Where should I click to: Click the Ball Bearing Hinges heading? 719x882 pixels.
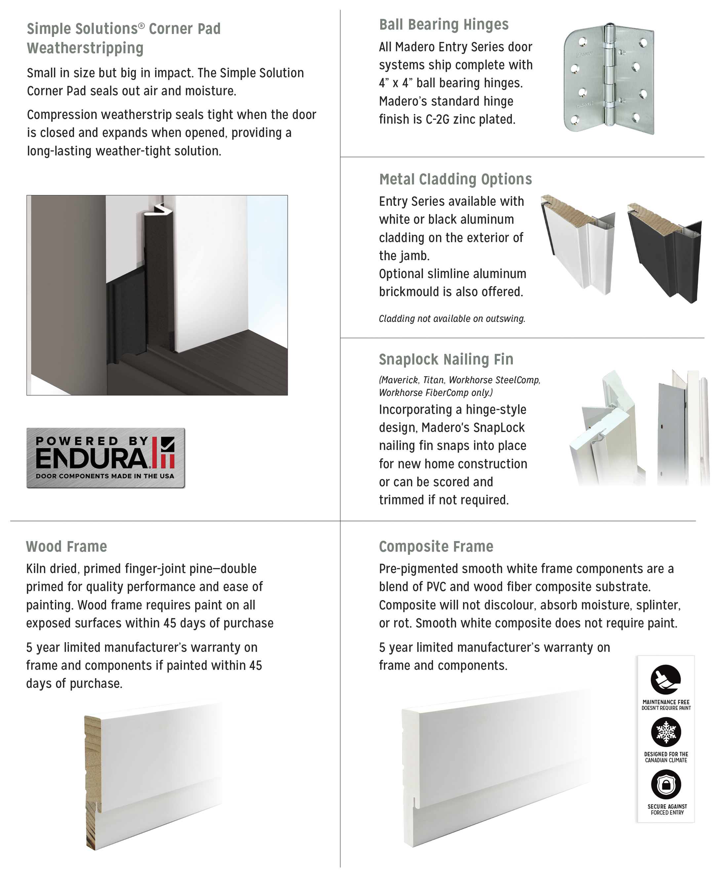[444, 25]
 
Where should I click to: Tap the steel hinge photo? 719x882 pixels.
[609, 79]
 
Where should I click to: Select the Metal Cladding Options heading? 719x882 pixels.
[455, 179]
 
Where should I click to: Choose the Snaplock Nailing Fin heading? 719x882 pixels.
[446, 359]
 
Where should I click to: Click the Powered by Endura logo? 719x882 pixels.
[105, 458]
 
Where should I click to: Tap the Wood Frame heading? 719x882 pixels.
[66, 546]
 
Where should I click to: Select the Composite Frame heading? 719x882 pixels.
[436, 546]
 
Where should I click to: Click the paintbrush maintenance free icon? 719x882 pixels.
[665, 679]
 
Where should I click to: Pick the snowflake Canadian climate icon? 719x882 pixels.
[665, 731]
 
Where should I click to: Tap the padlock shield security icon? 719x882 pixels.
[665, 784]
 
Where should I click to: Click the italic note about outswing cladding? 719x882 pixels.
[452, 319]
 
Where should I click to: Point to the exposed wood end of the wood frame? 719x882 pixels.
[93, 782]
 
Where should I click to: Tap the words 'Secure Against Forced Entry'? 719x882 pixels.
[667, 809]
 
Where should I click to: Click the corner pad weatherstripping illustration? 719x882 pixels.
[157, 295]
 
